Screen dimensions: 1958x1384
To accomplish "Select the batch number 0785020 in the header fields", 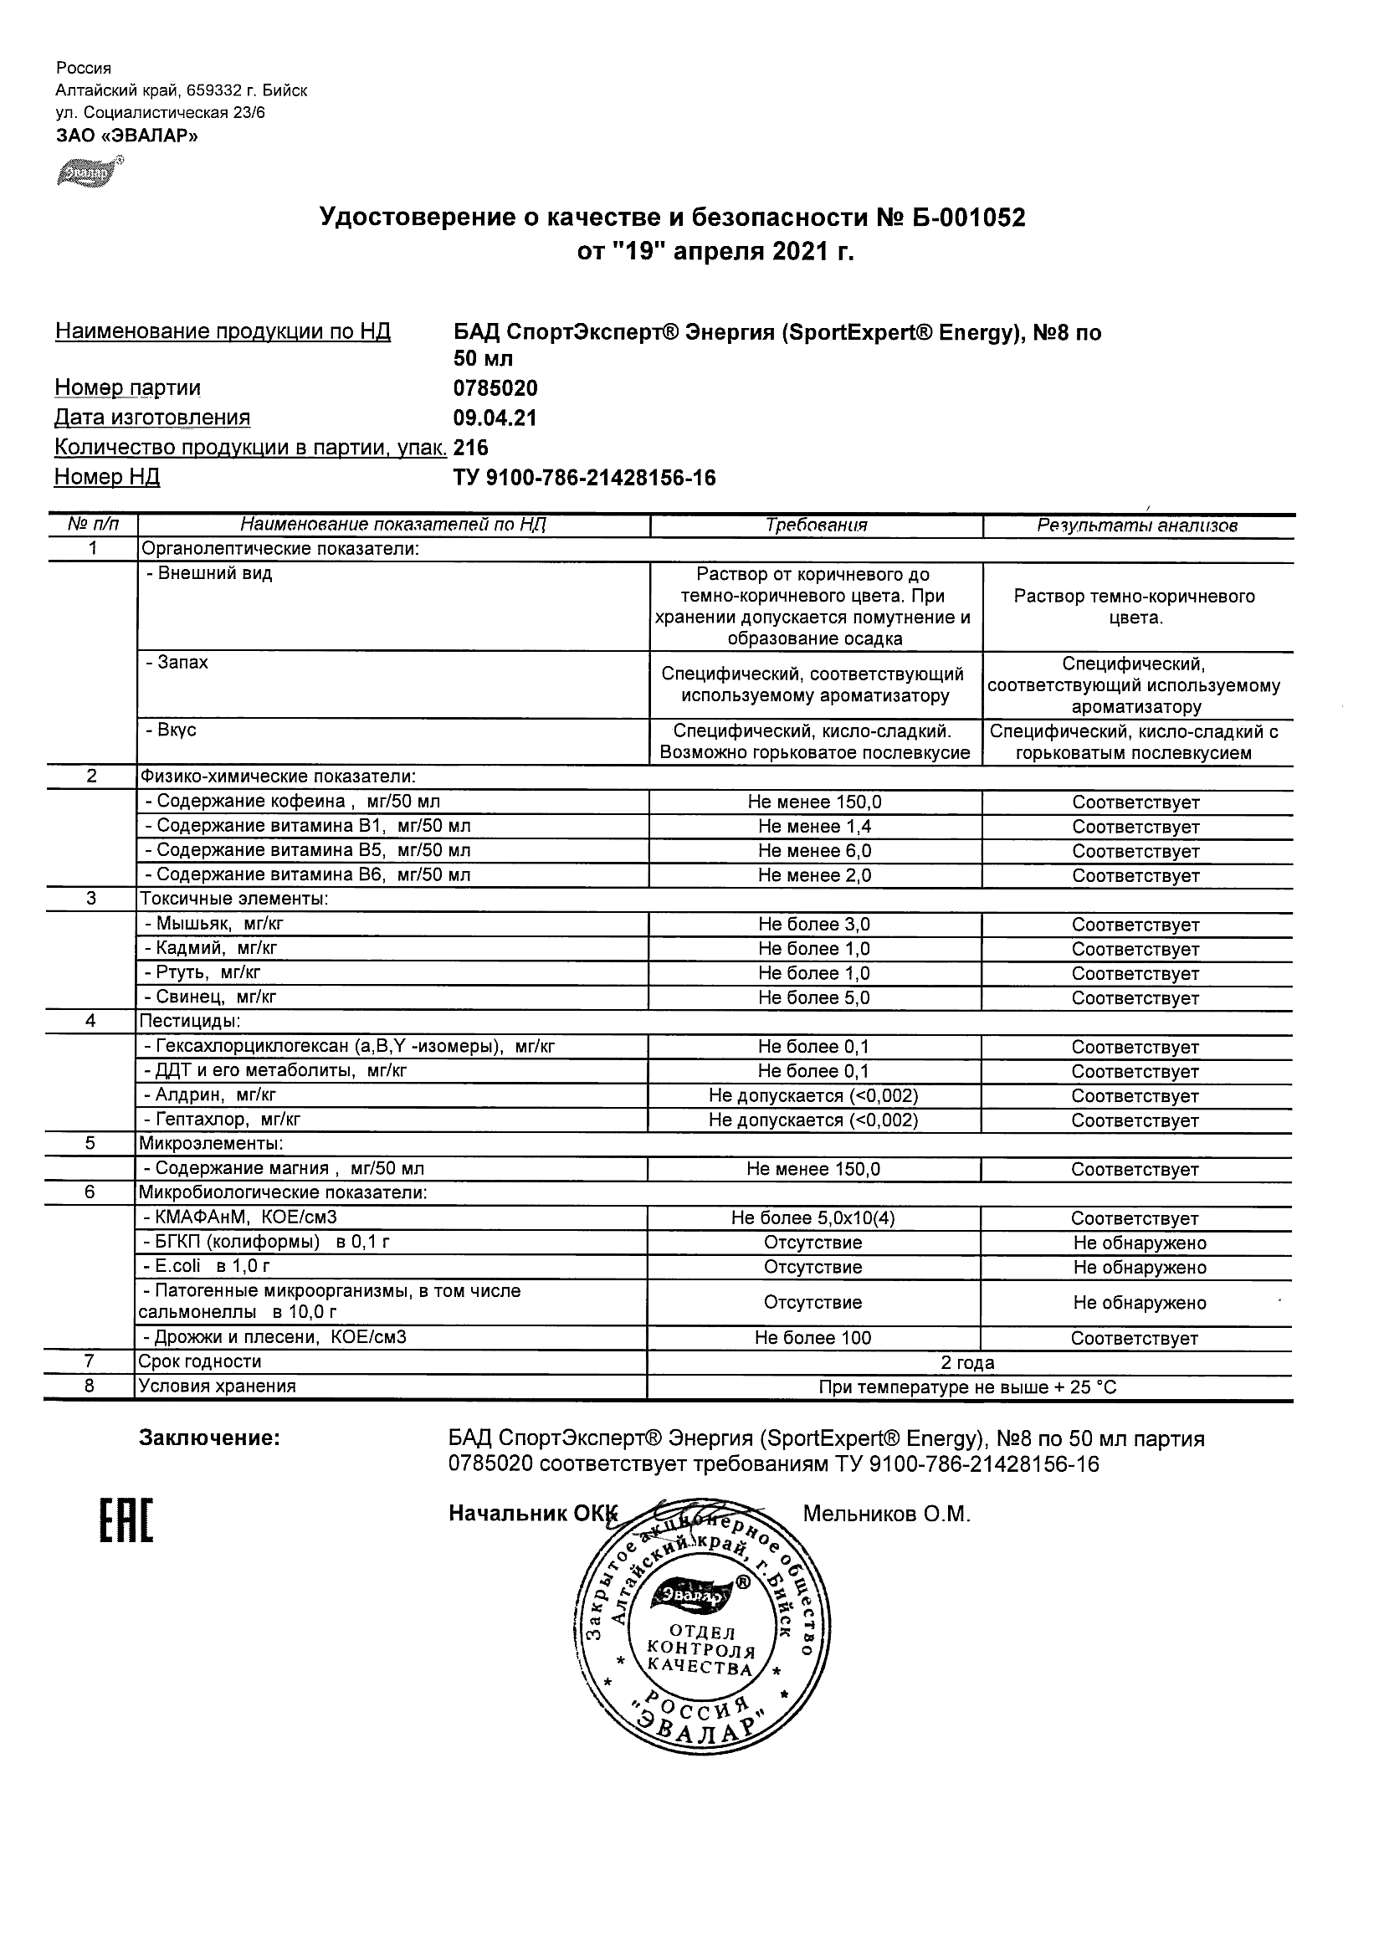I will coord(495,389).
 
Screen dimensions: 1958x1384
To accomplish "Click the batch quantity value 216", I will coord(471,448).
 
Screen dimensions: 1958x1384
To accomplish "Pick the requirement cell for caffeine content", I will coord(814,802).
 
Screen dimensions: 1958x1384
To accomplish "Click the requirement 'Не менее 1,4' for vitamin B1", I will coord(814,827).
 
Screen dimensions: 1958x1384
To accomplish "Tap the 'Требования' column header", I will coord(816,525).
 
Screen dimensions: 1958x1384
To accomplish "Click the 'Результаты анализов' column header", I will coord(1136,525).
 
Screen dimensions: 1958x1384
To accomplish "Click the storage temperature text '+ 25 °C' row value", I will coord(967,1387).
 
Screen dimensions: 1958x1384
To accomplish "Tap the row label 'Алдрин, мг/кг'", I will coord(209,1095).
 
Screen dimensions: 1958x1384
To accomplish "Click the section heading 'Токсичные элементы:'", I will coord(234,899).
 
